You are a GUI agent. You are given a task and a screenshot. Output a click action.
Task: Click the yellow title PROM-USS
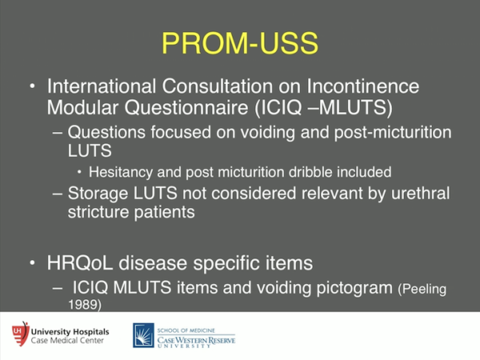(239, 42)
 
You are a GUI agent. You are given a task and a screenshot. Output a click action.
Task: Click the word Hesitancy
(116, 171)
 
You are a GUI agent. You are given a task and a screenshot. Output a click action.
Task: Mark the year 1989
(84, 304)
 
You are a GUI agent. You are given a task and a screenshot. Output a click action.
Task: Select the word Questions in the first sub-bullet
(102, 131)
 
